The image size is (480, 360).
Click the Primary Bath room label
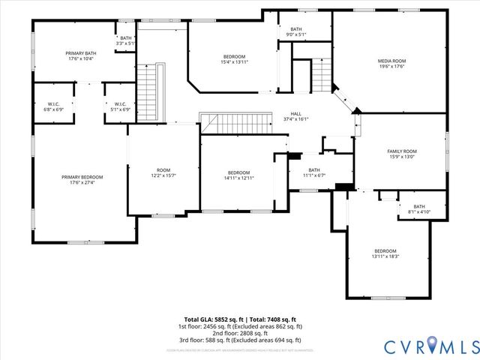click(x=80, y=53)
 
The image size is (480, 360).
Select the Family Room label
click(x=401, y=151)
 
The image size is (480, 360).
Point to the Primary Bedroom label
click(x=82, y=176)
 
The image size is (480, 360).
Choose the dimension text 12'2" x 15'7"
click(x=163, y=175)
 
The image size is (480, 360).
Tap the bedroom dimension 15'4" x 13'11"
click(x=234, y=62)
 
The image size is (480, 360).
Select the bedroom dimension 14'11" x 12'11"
click(x=238, y=178)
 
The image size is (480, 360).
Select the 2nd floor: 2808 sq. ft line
click(x=240, y=334)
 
